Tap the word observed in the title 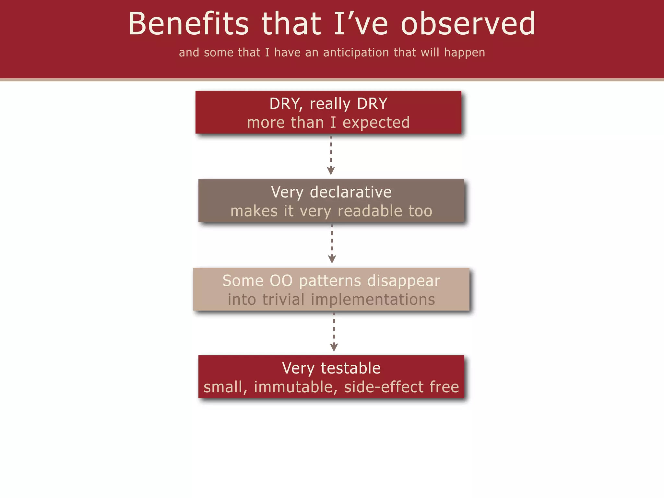[468, 23]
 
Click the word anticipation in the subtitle [356, 53]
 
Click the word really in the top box [330, 104]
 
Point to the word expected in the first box [376, 123]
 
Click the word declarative [350, 192]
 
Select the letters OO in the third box [281, 280]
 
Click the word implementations [373, 300]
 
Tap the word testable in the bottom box [350, 368]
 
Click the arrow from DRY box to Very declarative [331, 156]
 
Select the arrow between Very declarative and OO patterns [332, 244]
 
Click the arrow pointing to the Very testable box [334, 332]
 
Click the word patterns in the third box [330, 281]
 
